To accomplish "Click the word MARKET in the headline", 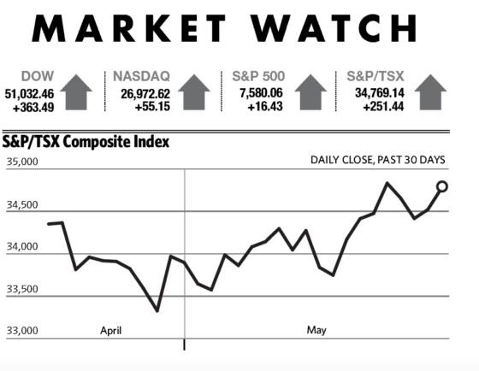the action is pyautogui.click(x=128, y=28).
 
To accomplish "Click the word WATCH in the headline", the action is pyautogui.click(x=334, y=28).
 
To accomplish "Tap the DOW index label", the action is pyautogui.click(x=38, y=76).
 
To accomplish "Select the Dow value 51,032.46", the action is pyautogui.click(x=29, y=94).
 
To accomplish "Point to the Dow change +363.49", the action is pyautogui.click(x=33, y=108).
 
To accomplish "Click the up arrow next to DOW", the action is pyautogui.click(x=76, y=92).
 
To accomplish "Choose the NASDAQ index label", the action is pyautogui.click(x=141, y=76).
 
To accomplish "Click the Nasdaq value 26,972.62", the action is pyautogui.click(x=145, y=94).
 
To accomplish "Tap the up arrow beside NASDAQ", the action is pyautogui.click(x=194, y=92).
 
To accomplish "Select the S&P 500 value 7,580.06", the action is pyautogui.click(x=261, y=93).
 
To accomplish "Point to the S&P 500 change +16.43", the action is pyautogui.click(x=265, y=107).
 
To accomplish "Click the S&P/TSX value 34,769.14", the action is pyautogui.click(x=380, y=93).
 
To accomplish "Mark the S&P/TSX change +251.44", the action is pyautogui.click(x=383, y=107).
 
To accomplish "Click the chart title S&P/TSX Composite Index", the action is pyautogui.click(x=86, y=142).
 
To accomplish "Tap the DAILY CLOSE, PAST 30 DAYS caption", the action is pyautogui.click(x=378, y=160).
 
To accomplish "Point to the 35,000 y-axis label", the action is pyautogui.click(x=22, y=162).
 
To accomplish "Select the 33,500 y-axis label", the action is pyautogui.click(x=22, y=289).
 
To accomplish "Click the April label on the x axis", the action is pyautogui.click(x=111, y=331).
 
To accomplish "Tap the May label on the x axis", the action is pyautogui.click(x=316, y=330).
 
